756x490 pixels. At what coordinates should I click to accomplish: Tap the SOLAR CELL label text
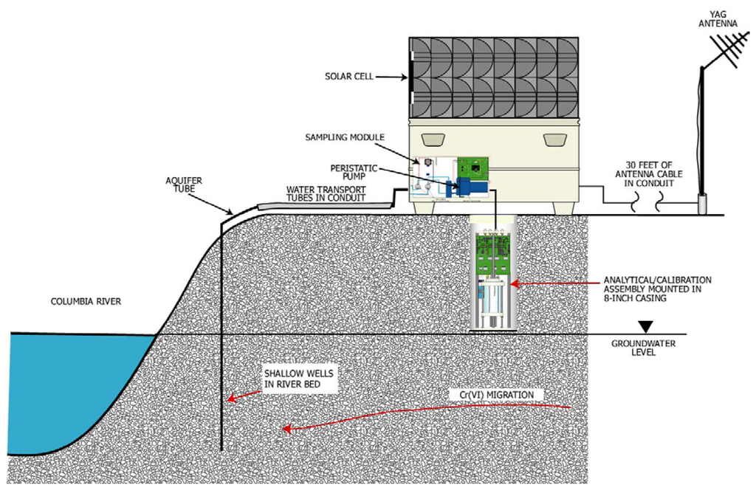click(x=348, y=76)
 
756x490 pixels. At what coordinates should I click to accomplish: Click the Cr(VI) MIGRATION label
click(x=498, y=396)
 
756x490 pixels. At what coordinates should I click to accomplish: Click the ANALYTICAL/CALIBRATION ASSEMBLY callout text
click(x=656, y=290)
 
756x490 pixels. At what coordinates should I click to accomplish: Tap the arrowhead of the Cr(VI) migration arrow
click(x=287, y=429)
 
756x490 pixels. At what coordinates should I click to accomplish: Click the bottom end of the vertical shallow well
click(x=223, y=449)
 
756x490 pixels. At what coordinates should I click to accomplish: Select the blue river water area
click(x=66, y=384)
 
